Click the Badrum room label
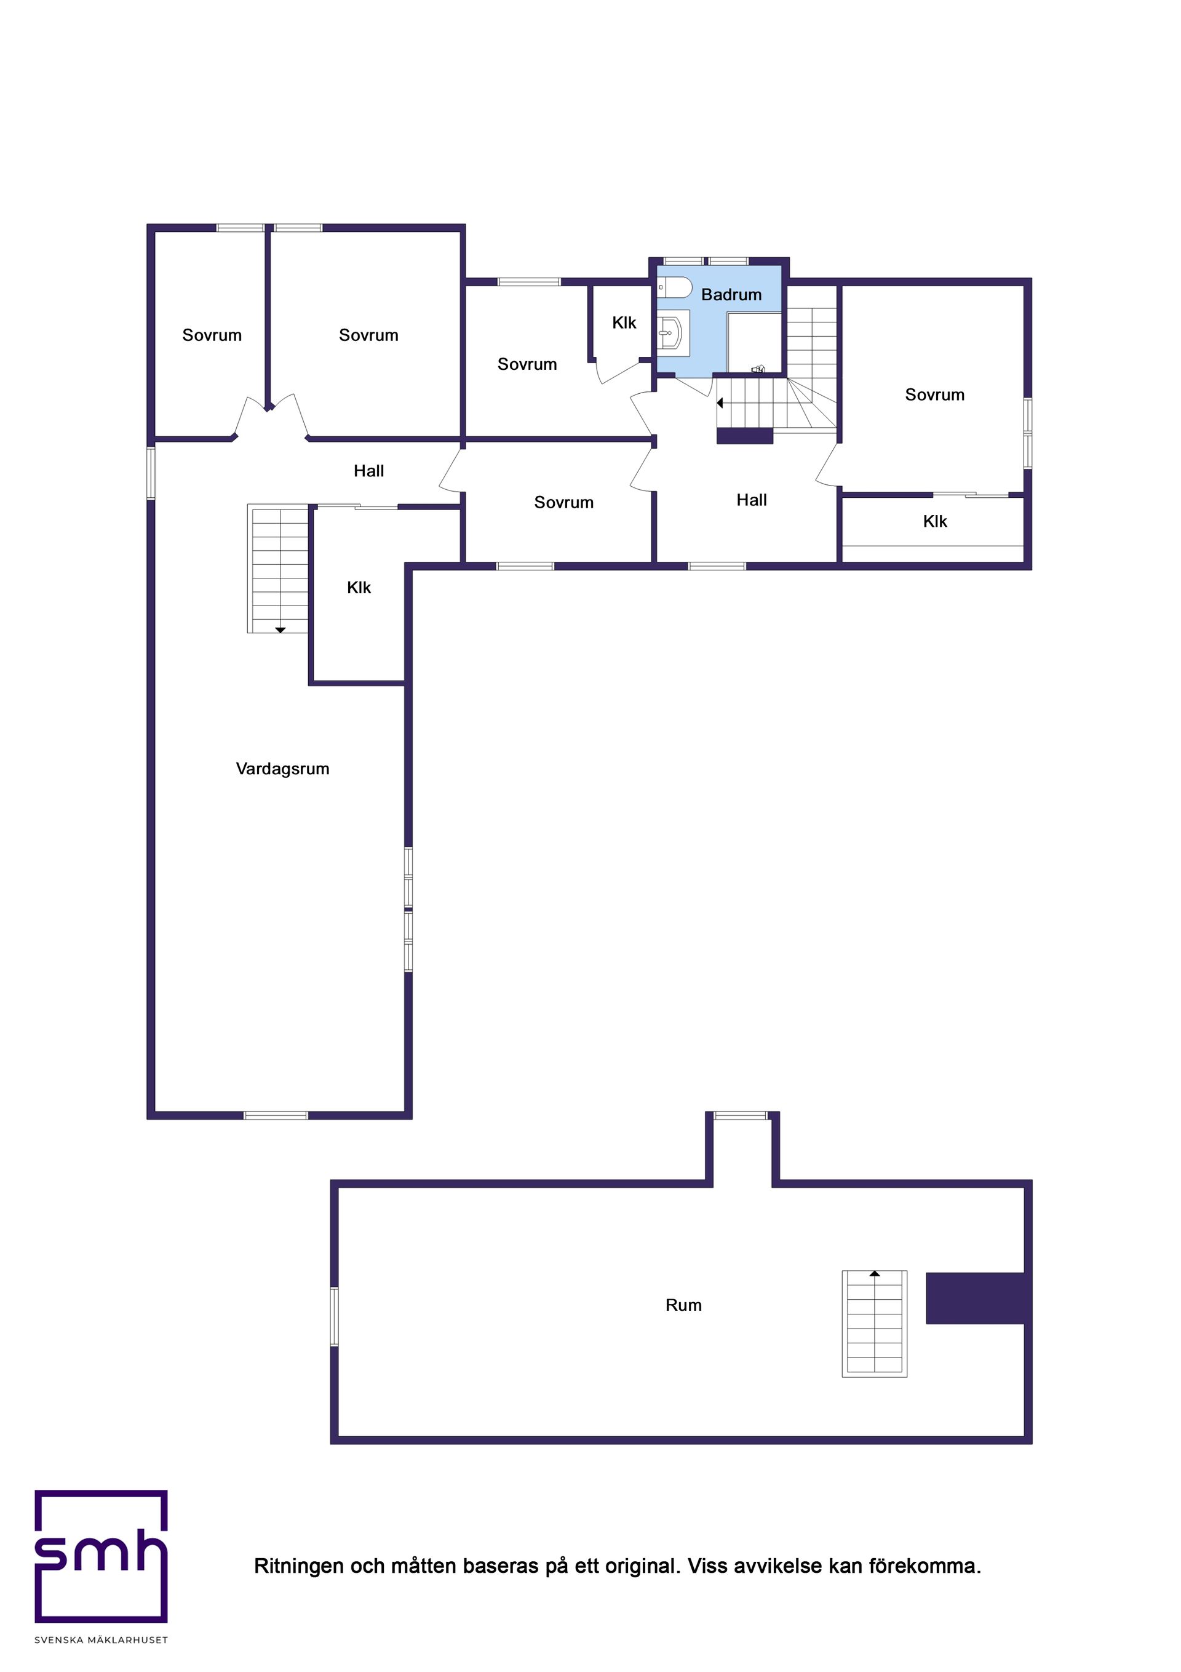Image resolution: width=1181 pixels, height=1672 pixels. [731, 295]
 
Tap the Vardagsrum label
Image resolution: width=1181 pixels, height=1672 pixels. [282, 769]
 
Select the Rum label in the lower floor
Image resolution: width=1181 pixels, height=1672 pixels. [683, 1305]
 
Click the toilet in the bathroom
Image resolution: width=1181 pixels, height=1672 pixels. [674, 287]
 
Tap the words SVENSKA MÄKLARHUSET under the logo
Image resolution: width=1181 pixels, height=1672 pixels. [101, 1640]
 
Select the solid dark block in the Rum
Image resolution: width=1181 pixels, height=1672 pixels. [975, 1298]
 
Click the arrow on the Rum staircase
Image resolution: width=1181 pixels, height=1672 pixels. [875, 1274]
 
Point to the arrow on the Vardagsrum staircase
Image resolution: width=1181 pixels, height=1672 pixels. [280, 630]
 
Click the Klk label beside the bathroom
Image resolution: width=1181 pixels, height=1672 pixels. [624, 322]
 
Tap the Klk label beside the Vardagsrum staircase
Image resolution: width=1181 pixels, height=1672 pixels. [359, 588]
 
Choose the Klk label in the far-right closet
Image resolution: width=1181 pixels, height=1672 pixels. [935, 521]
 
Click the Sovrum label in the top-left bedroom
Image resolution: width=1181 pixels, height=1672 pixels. [212, 335]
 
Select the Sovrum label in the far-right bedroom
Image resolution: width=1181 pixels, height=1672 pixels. [934, 394]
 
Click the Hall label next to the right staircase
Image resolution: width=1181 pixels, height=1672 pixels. [752, 500]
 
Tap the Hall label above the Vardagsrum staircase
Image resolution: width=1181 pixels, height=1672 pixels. [368, 471]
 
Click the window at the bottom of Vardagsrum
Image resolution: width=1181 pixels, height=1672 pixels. [275, 1115]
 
